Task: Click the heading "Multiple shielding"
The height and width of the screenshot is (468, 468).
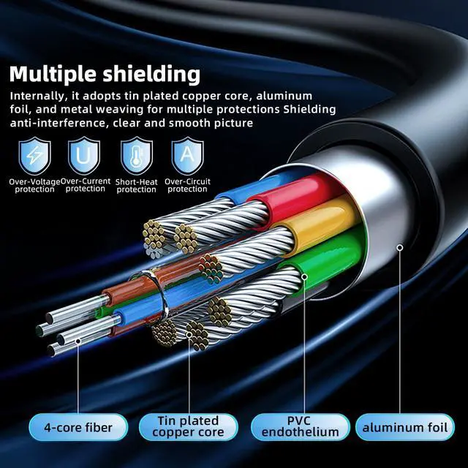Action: [105, 74]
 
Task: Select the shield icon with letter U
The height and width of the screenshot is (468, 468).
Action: [84, 156]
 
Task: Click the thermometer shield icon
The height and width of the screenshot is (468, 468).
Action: [137, 156]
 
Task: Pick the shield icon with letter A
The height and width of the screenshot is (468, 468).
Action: [187, 156]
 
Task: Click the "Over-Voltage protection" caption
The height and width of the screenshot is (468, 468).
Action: [34, 185]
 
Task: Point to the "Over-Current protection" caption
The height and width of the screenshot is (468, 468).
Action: [86, 184]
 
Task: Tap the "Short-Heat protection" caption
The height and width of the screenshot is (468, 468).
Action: [137, 185]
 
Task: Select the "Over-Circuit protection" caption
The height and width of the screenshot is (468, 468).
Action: [187, 185]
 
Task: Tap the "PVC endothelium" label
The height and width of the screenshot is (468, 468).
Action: [300, 427]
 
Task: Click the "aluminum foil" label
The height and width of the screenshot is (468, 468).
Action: [404, 427]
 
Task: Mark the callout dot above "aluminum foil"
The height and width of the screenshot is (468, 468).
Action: [400, 248]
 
